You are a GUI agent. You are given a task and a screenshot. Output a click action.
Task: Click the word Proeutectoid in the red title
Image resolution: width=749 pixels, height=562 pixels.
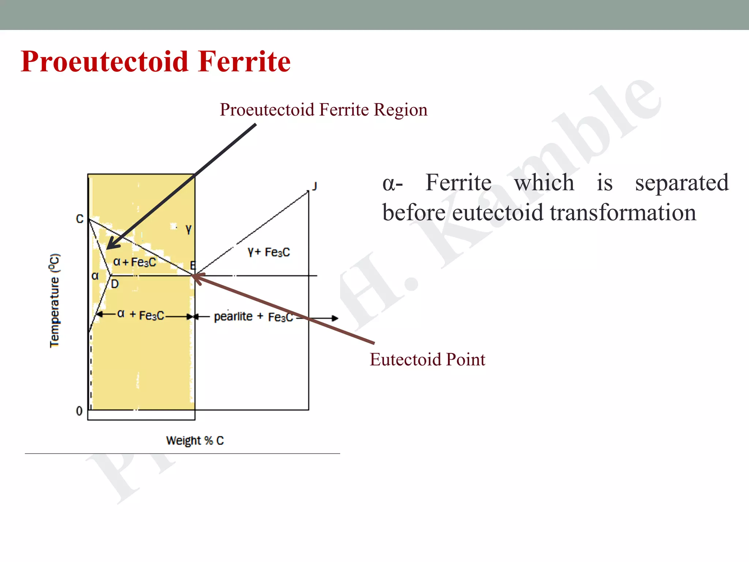105,61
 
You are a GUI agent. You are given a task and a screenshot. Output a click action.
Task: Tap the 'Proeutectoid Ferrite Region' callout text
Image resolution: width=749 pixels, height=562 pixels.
323,110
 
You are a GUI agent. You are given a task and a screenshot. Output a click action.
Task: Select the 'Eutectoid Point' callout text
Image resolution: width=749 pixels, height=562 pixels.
427,360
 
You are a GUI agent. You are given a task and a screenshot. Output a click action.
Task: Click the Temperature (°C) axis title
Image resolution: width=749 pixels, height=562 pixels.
54,300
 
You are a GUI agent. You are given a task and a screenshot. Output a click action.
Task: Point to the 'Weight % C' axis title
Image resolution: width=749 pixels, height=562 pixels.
195,441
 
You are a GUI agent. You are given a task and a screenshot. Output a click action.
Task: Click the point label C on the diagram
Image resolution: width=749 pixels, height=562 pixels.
80,219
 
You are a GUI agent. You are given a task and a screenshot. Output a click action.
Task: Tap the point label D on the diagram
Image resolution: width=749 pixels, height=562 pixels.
115,284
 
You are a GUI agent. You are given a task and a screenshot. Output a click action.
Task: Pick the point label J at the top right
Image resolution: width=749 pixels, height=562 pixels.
314,187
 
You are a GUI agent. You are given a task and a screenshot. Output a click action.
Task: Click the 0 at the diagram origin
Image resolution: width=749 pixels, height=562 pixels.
79,411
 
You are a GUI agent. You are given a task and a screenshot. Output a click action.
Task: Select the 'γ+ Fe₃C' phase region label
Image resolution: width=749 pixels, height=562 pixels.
269,252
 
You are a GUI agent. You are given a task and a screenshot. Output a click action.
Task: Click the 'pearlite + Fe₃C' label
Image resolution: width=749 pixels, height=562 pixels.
253,316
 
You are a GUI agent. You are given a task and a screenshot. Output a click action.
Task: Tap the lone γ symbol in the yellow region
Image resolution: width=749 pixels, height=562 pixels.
188,229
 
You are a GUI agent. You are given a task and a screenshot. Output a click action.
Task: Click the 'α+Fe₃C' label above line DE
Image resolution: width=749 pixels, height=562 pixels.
135,262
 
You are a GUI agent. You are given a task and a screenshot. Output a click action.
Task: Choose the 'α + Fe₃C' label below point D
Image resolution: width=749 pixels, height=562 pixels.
141,315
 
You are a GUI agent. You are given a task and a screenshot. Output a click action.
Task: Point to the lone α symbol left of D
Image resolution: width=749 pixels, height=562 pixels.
95,276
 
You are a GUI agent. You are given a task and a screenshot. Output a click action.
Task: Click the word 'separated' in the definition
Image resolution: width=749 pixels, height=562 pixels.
682,183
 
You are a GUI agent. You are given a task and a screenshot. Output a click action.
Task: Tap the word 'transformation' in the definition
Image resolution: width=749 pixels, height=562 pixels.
623,213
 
